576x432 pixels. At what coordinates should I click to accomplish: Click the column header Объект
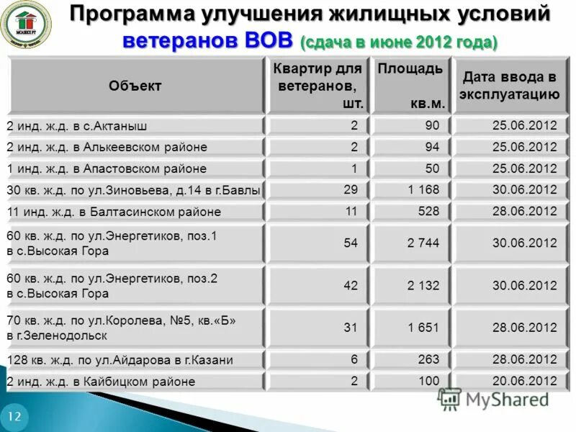[x=135, y=86]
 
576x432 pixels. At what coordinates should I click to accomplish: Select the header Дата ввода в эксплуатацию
[x=510, y=85]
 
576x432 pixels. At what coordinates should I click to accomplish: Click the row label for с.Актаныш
[x=77, y=126]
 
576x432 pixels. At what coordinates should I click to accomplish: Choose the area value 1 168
[x=423, y=190]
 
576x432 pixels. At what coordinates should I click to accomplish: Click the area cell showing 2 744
[x=423, y=243]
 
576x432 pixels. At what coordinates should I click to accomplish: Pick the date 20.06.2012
[x=524, y=382]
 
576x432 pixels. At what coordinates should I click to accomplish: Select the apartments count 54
[x=351, y=243]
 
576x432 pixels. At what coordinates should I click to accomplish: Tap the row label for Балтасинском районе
[x=114, y=212]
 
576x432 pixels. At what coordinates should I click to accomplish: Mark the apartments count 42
[x=351, y=285]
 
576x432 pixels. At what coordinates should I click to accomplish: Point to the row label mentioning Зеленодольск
[x=121, y=328]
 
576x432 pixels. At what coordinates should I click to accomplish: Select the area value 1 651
[x=423, y=328]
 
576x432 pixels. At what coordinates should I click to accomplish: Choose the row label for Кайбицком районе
[x=101, y=382]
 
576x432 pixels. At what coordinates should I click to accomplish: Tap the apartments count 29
[x=351, y=190]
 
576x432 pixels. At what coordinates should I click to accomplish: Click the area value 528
[x=428, y=211]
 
